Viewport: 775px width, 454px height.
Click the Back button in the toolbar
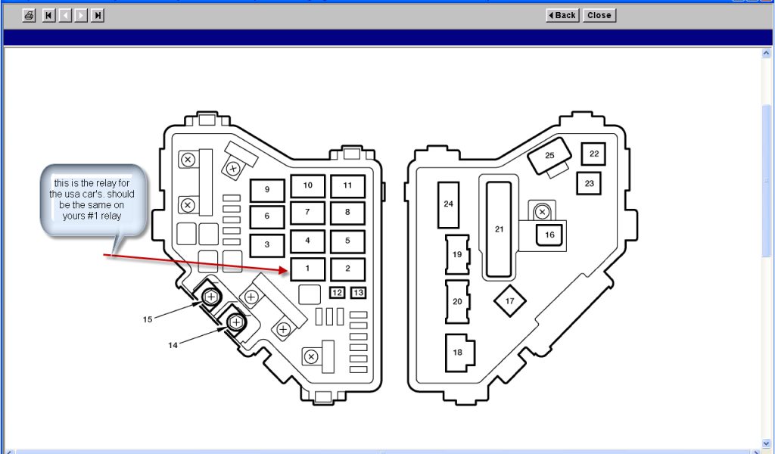tap(562, 15)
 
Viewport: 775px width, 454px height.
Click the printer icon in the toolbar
tap(30, 15)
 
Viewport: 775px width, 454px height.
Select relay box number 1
tap(307, 269)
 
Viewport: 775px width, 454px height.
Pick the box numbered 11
tap(347, 185)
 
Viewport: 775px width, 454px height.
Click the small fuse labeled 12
tap(338, 293)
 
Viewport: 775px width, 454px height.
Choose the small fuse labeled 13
tap(358, 293)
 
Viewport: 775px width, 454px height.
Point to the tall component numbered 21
tap(499, 229)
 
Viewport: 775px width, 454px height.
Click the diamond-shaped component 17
tap(509, 301)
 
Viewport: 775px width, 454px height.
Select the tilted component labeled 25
tap(549, 157)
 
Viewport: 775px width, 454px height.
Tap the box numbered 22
tap(593, 154)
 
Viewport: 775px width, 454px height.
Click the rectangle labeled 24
tap(449, 205)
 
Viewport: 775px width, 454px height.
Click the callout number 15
tap(148, 319)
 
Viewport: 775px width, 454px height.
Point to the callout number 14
tap(173, 345)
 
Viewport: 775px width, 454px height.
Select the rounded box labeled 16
tap(549, 235)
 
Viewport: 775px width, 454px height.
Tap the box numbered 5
tap(347, 241)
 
